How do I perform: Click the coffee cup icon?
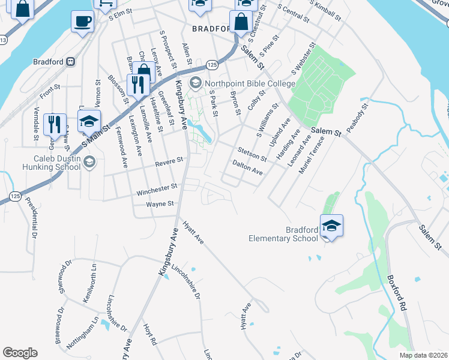[82, 22]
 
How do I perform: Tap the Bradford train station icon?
[71, 61]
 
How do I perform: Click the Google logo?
[20, 353]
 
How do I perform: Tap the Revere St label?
[169, 161]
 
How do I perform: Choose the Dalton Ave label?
[247, 167]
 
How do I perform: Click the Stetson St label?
[252, 154]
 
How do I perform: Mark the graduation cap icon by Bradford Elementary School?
[331, 226]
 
